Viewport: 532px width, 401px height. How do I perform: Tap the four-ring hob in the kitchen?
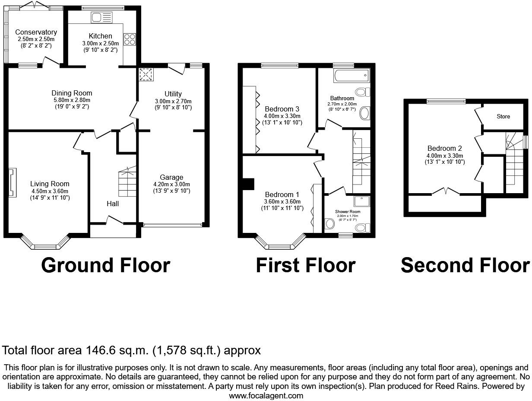pyautogui.click(x=130, y=39)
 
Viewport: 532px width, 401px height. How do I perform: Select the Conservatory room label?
pyautogui.click(x=36, y=32)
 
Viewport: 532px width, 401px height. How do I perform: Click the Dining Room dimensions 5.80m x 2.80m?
pyautogui.click(x=72, y=100)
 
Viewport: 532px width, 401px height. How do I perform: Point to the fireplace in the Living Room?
pyautogui.click(x=12, y=182)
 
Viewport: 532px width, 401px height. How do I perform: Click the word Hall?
pyautogui.click(x=113, y=204)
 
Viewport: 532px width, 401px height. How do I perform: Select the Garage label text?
pyautogui.click(x=171, y=177)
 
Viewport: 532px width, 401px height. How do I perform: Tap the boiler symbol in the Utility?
pyautogui.click(x=146, y=74)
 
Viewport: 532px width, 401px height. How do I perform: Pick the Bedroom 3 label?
pyautogui.click(x=282, y=109)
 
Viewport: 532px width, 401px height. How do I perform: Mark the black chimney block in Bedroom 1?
pyautogui.click(x=248, y=184)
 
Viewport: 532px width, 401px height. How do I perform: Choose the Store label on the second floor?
pyautogui.click(x=503, y=116)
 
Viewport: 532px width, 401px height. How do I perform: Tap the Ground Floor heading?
pyautogui.click(x=105, y=265)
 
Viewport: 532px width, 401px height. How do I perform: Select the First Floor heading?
pyautogui.click(x=305, y=265)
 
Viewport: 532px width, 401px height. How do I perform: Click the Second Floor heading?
pyautogui.click(x=465, y=265)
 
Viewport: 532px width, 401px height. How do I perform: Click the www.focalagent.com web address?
pyautogui.click(x=266, y=395)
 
